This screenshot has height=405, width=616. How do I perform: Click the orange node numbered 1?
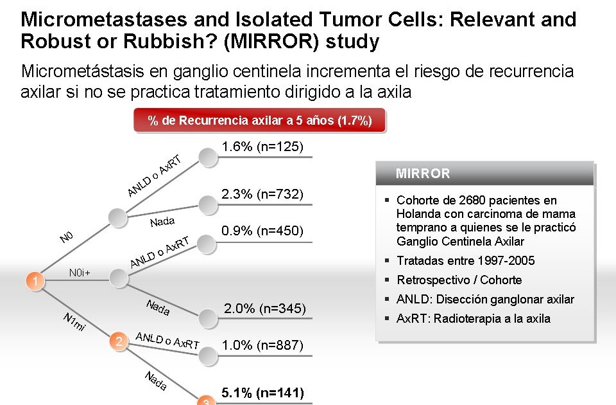tap(35, 281)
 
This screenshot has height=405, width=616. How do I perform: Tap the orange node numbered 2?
tap(117, 341)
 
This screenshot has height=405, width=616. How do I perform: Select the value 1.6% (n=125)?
tap(261, 147)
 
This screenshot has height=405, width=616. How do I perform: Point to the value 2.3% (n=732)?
tap(262, 194)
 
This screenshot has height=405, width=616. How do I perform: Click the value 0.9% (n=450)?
tap(262, 231)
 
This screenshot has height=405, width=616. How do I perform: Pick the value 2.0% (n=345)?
tap(264, 309)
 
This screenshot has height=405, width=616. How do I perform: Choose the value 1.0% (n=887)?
tap(262, 345)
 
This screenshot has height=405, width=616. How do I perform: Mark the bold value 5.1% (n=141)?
tap(262, 392)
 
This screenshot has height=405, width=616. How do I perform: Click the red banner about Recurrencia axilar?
tap(260, 121)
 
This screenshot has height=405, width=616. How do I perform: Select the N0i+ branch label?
tap(80, 273)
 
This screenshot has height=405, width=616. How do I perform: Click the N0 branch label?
tap(67, 238)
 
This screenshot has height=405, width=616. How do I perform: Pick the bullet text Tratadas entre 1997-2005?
tap(465, 261)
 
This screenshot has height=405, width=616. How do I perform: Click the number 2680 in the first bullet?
tap(463, 201)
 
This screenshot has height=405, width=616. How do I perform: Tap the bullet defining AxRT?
tap(473, 319)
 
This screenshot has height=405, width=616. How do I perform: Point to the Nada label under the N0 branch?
tap(162, 222)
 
